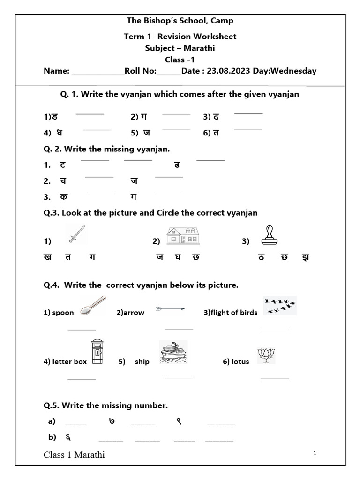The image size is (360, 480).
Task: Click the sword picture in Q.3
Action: click(x=77, y=233)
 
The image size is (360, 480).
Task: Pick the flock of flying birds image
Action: click(x=280, y=305)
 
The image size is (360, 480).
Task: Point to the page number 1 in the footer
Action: click(x=315, y=453)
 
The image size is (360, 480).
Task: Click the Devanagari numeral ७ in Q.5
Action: click(x=112, y=421)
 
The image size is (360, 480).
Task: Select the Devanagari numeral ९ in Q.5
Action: click(x=179, y=421)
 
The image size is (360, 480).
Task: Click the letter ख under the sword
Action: click(x=48, y=257)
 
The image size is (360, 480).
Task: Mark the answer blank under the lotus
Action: click(x=274, y=378)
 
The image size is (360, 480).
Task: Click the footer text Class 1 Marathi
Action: click(x=74, y=455)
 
